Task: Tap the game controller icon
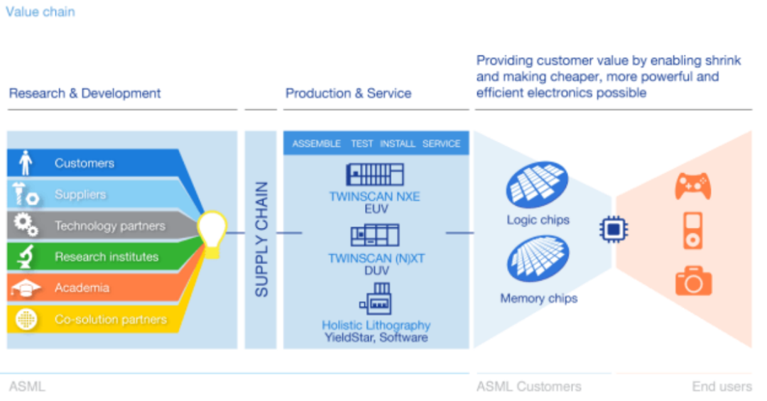pos(692,187)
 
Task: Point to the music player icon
pos(693,231)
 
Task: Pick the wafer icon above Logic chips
pos(537,185)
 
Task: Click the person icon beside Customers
pos(26,163)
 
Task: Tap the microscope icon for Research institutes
pos(26,257)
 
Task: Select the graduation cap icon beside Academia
pos(26,288)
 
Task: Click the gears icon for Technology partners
pos(26,226)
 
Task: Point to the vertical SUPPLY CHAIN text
pos(261,239)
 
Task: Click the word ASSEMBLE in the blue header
pos(317,143)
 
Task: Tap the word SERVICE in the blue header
pos(441,143)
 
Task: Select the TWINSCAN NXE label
pos(374,197)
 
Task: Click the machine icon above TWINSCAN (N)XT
pos(374,235)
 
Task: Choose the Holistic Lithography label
pos(376,325)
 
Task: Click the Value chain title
pos(40,12)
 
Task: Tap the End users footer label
pos(722,387)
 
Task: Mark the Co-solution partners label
pos(110,319)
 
